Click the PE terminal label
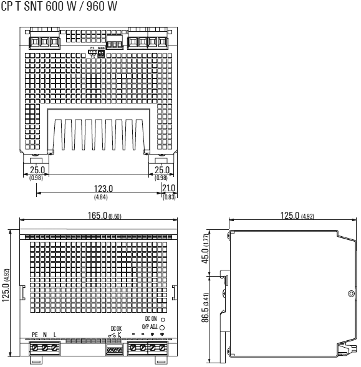tap(35, 335)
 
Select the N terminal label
tap(45, 335)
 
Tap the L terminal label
tap(55, 335)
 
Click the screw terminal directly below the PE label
tap(36, 346)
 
